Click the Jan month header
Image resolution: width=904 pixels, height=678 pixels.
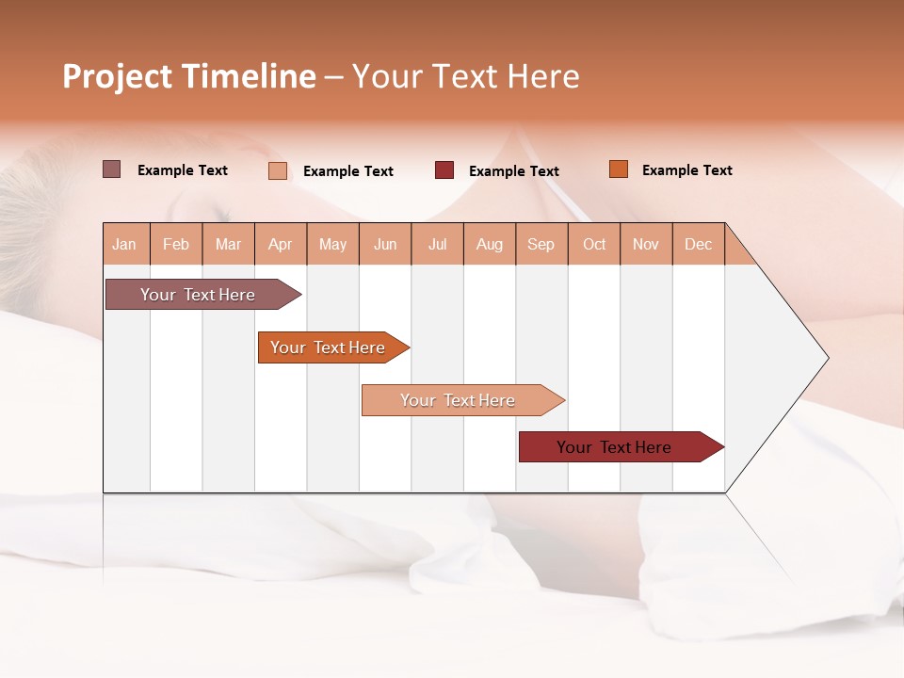point(125,245)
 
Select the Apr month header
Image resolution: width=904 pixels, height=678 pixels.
point(281,245)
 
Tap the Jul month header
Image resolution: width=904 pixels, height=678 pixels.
point(438,245)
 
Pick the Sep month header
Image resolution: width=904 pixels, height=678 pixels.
point(541,245)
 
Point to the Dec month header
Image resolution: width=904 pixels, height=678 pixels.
point(698,245)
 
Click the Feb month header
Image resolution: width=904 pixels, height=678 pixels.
point(176,245)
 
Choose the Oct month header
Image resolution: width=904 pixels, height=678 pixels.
point(594,245)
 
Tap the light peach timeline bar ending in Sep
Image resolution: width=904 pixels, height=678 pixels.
point(459,400)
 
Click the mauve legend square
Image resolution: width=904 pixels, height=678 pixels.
point(112,169)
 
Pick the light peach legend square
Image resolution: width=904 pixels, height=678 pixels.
point(278,170)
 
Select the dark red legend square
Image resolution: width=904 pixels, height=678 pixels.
point(444,170)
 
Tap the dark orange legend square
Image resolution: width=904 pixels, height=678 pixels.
point(619,169)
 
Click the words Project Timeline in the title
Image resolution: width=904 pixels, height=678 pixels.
point(188,76)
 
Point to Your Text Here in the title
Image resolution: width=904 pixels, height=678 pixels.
point(465,76)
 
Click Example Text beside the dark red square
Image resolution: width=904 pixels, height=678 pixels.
point(514,171)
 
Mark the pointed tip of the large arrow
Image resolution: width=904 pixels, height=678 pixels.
point(826,358)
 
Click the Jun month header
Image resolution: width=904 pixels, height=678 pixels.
point(385,245)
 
